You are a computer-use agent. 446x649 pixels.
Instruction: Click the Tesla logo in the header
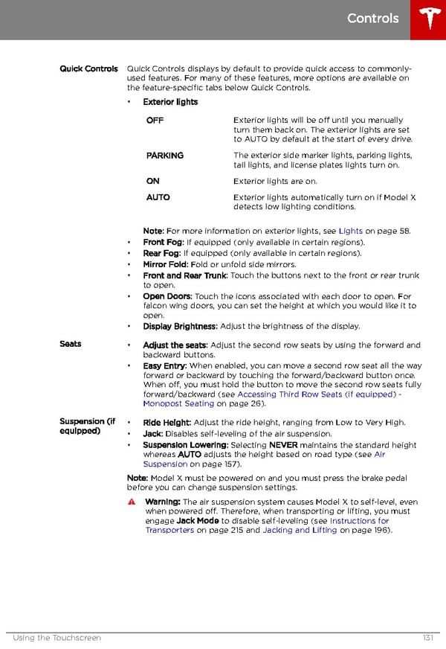428,19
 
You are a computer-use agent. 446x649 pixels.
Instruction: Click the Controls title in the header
372,19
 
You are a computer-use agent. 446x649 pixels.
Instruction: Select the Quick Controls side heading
88,69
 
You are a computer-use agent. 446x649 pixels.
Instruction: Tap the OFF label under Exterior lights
155,120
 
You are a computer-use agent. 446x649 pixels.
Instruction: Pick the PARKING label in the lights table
164,156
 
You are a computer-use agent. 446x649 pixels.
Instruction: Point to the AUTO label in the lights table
158,197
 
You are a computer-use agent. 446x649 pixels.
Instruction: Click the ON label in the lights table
152,181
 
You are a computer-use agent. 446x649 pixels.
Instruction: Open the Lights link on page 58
350,231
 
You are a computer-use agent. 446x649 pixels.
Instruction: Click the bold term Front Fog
163,242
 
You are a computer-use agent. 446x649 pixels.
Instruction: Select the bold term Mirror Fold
165,264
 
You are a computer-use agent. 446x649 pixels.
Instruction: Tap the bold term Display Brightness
180,326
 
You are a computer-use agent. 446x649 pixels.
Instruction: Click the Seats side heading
71,344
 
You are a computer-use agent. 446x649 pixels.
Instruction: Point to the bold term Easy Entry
164,366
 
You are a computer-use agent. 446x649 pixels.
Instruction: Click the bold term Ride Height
167,423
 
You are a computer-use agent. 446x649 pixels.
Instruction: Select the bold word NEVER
283,445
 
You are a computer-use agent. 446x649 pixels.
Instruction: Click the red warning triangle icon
132,502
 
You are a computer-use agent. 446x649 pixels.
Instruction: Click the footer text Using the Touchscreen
57,638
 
